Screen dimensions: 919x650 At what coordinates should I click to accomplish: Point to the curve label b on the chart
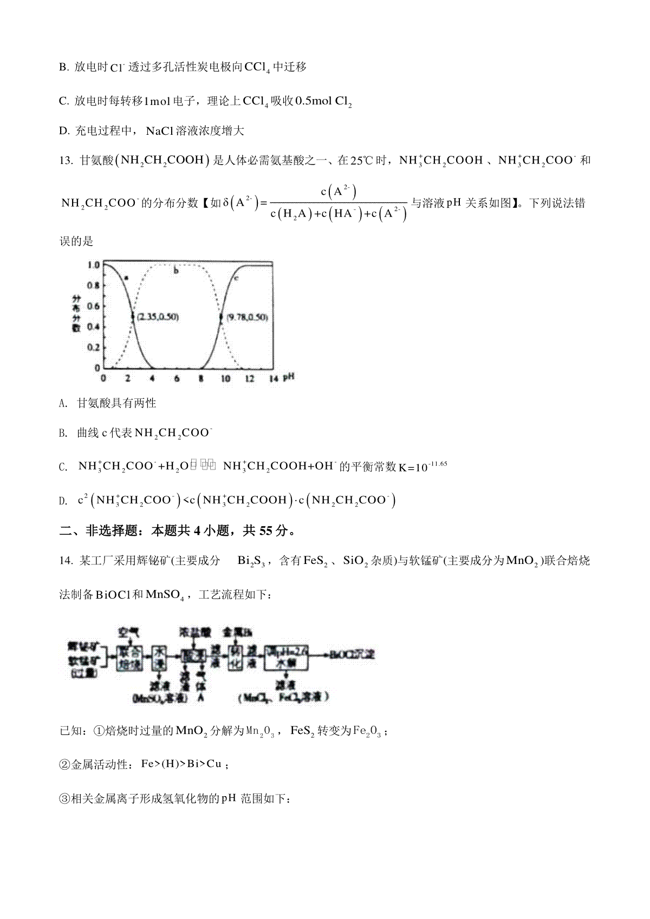[176, 270]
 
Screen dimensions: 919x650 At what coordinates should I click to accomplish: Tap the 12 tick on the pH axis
[250, 379]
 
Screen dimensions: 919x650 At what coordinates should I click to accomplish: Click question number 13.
[66, 161]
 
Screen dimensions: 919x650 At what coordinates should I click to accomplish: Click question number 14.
[66, 561]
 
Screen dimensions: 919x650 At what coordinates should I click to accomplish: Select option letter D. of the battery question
[63, 131]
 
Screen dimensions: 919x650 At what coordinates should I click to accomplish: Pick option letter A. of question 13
[63, 403]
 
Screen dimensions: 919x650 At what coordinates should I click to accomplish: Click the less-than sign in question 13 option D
[185, 501]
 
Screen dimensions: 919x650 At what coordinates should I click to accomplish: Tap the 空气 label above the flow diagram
[130, 632]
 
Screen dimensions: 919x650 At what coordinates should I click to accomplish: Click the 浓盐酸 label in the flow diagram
[193, 632]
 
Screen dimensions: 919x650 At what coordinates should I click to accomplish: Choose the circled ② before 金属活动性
[64, 765]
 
